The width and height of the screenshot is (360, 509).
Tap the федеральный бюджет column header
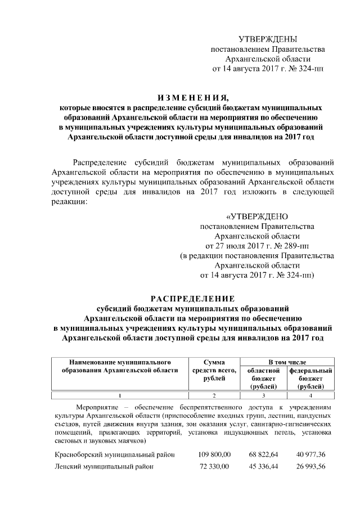[x=310, y=379]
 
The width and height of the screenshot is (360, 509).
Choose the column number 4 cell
[x=310, y=395]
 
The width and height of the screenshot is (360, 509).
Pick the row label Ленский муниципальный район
[x=103, y=467]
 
